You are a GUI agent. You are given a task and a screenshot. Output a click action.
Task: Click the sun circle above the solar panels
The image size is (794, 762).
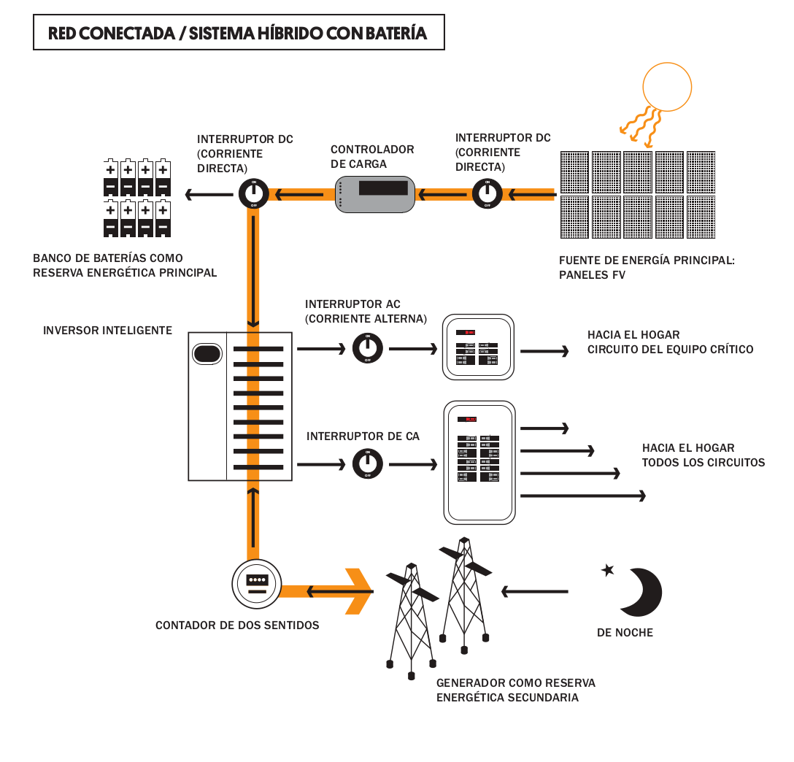[666, 85]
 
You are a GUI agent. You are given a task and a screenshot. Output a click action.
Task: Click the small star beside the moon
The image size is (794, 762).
[607, 570]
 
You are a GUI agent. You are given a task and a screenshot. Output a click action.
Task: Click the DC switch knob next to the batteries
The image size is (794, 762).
[253, 194]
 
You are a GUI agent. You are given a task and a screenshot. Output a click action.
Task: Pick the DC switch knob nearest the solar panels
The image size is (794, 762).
[486, 194]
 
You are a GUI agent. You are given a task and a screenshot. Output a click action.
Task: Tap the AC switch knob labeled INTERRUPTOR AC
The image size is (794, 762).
[367, 348]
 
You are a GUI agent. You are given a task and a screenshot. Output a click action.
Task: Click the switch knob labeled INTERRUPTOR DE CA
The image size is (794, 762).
[367, 463]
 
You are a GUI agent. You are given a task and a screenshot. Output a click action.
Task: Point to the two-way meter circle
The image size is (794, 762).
[256, 584]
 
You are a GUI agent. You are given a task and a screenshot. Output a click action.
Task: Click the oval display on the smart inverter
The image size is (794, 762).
[207, 354]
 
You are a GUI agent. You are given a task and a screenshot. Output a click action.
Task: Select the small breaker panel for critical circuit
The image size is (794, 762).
[479, 347]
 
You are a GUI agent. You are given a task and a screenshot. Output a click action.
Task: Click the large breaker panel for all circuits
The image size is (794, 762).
[479, 461]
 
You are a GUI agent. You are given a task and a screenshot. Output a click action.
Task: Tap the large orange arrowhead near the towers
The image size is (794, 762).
[358, 590]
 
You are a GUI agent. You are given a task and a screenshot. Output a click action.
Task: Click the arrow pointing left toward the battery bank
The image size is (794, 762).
[208, 194]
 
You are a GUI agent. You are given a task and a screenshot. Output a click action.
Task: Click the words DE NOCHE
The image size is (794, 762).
[625, 633]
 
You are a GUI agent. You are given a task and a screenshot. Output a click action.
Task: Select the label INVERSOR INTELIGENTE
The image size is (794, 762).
[107, 331]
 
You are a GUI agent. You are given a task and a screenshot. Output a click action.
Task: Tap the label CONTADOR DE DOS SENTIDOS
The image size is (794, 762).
[237, 626]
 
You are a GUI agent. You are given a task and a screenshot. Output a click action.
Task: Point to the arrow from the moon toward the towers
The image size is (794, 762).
[534, 590]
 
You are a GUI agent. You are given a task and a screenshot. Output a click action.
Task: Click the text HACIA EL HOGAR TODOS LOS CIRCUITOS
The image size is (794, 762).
[703, 455]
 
